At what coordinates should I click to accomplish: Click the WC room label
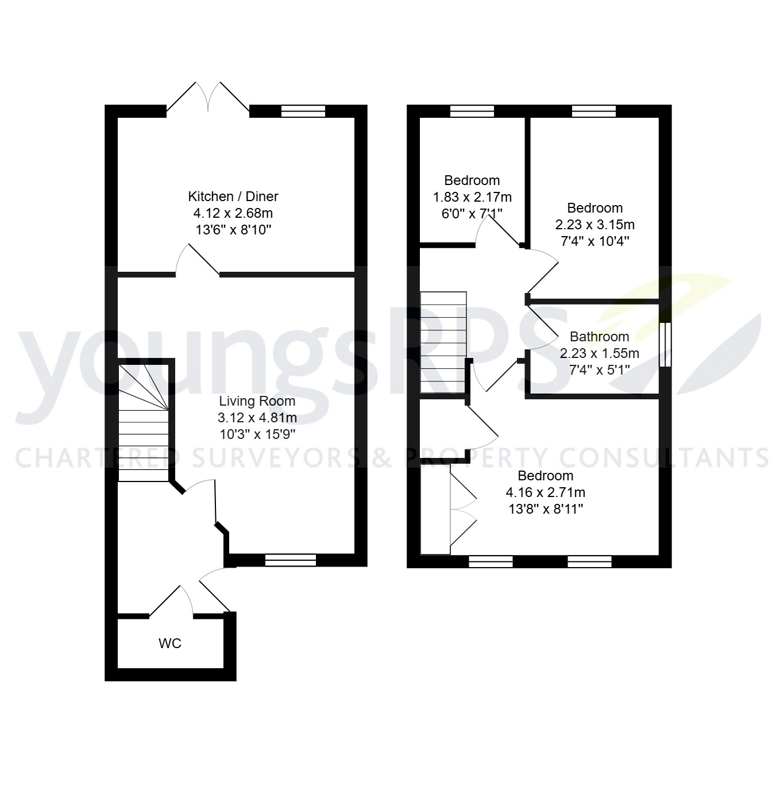pyautogui.click(x=170, y=644)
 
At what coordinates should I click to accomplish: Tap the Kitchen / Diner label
pyautogui.click(x=233, y=196)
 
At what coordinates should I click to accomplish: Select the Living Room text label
pyautogui.click(x=257, y=401)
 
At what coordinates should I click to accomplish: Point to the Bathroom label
pyautogui.click(x=599, y=337)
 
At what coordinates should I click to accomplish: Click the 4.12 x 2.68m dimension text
pyautogui.click(x=233, y=213)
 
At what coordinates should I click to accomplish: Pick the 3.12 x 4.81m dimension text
pyautogui.click(x=257, y=418)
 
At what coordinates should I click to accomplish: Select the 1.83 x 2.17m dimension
pyautogui.click(x=472, y=197)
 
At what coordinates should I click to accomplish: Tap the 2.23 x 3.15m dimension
pyautogui.click(x=595, y=225)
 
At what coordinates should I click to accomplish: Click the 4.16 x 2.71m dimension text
pyautogui.click(x=546, y=492)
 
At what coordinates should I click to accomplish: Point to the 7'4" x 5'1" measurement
pyautogui.click(x=599, y=370)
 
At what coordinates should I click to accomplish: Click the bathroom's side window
pyautogui.click(x=665, y=345)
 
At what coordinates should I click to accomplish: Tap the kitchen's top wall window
pyautogui.click(x=303, y=111)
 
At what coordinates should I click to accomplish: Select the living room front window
pyautogui.click(x=291, y=560)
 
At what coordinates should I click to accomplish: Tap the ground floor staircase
pyautogui.click(x=144, y=422)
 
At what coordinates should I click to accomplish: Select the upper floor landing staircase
pyautogui.click(x=443, y=342)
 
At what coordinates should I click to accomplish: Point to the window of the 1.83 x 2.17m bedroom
pyautogui.click(x=472, y=111)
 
